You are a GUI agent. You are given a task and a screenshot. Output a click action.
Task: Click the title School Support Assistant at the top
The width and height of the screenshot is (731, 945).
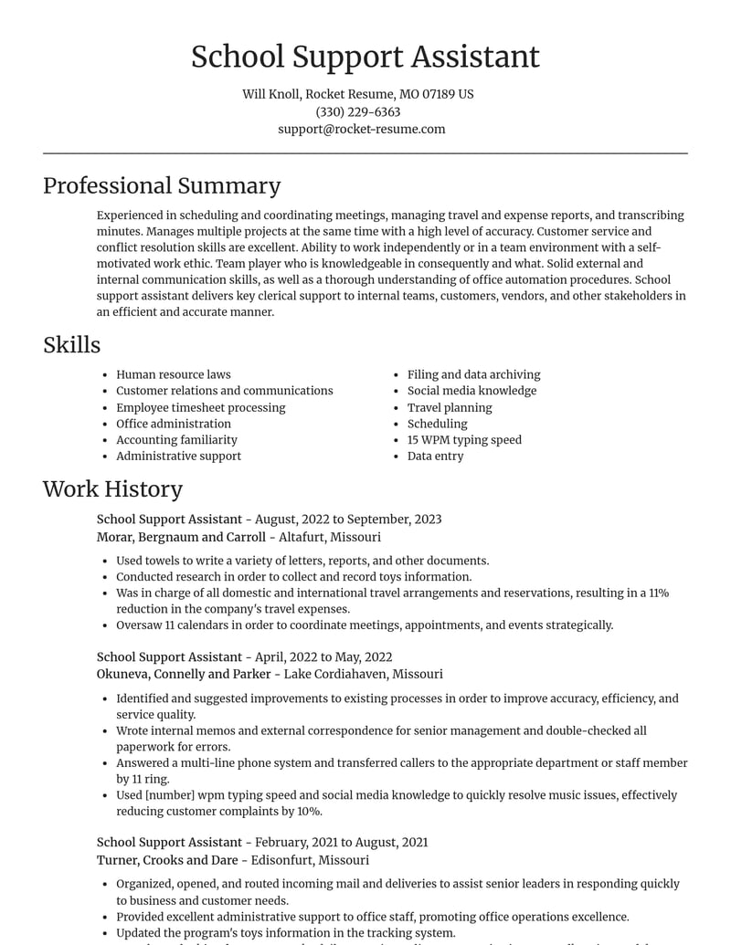pos(365,57)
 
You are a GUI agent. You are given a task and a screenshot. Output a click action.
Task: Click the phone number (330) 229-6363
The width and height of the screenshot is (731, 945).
pos(358,111)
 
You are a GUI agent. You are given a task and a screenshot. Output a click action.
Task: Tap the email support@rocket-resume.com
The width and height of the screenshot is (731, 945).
pos(362,129)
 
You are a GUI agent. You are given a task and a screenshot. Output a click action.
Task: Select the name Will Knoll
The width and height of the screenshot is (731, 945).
pos(270,94)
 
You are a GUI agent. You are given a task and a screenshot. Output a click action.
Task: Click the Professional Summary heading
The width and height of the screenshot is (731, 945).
pos(162,185)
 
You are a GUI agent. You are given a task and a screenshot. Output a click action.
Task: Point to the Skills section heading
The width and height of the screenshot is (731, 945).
pos(71,344)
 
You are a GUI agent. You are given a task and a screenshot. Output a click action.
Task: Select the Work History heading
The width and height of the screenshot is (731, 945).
pos(112,488)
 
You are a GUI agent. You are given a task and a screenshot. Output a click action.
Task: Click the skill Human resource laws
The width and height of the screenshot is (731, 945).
pos(174,374)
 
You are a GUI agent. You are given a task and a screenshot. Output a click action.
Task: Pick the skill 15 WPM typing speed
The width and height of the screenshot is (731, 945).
pos(464,439)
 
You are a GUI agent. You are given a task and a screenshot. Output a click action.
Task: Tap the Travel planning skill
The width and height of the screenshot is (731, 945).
pos(450,407)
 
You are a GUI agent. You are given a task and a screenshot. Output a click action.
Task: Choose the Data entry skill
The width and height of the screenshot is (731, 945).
pos(435,456)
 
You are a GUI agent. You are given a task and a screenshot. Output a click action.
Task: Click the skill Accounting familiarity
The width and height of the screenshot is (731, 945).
pos(176,439)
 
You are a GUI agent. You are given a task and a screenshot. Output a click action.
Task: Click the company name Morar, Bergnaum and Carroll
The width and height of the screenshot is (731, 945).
pos(181,537)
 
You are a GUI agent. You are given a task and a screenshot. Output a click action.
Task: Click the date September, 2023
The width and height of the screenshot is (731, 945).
pos(394,520)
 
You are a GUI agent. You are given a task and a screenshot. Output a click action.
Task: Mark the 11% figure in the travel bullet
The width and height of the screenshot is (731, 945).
pos(658,593)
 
